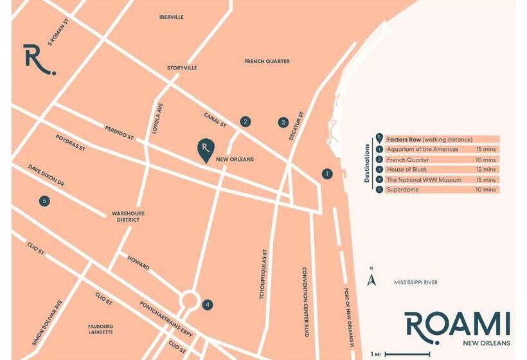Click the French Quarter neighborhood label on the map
pyautogui.click(x=267, y=61)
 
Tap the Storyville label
pyautogui.click(x=182, y=67)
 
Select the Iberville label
pyautogui.click(x=172, y=17)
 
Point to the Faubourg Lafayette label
pyautogui.click(x=101, y=329)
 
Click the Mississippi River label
pyautogui.click(x=415, y=282)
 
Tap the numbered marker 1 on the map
pyautogui.click(x=327, y=174)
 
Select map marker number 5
pyautogui.click(x=44, y=201)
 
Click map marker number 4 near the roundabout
pyautogui.click(x=207, y=305)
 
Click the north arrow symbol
pyautogui.click(x=371, y=280)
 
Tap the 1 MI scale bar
pyautogui.click(x=402, y=354)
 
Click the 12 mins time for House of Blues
pyautogui.click(x=489, y=170)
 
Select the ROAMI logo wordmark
pyautogui.click(x=457, y=324)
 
